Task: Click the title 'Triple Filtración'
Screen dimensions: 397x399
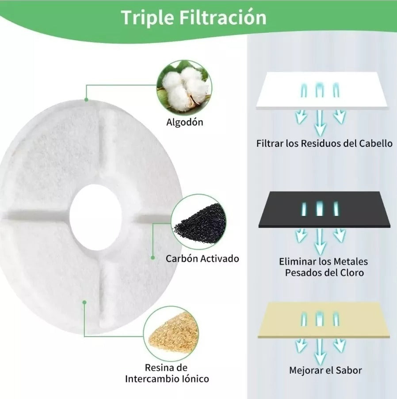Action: [194, 18]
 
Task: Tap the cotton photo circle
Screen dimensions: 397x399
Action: [184, 88]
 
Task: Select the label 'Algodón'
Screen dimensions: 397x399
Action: [185, 122]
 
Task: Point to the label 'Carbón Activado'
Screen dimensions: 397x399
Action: [202, 258]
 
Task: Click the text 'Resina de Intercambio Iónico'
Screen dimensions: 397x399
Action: [167, 373]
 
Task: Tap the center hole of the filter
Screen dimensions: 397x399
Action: [95, 217]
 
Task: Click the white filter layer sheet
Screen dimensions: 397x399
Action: [322, 90]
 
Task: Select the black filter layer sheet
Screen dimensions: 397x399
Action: [324, 209]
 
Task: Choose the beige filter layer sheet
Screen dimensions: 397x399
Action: [324, 320]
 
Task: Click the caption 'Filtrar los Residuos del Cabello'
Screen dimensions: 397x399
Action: [324, 143]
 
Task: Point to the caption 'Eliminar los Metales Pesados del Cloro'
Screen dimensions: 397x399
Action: [324, 267]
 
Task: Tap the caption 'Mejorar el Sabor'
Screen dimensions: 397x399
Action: [325, 370]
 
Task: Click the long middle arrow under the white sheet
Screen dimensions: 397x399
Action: [320, 123]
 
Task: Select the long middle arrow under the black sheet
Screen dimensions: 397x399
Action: [320, 241]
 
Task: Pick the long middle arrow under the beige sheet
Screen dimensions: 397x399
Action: [320, 352]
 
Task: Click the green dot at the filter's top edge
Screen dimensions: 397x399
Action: [86, 100]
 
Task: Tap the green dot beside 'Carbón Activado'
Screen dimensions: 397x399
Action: [153, 257]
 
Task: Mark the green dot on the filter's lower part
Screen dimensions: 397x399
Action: [84, 302]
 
